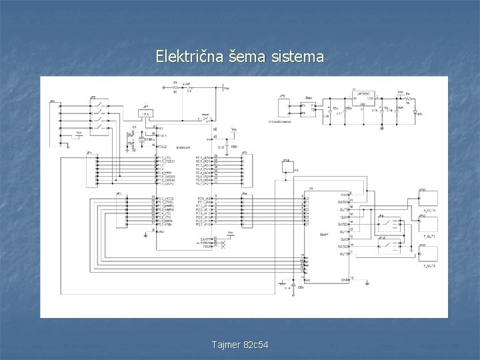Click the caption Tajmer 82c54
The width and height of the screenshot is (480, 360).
click(239, 345)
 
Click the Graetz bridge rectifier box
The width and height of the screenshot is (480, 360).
click(308, 107)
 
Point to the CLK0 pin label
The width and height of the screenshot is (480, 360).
click(343, 194)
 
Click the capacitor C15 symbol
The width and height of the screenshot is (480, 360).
click(228, 145)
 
